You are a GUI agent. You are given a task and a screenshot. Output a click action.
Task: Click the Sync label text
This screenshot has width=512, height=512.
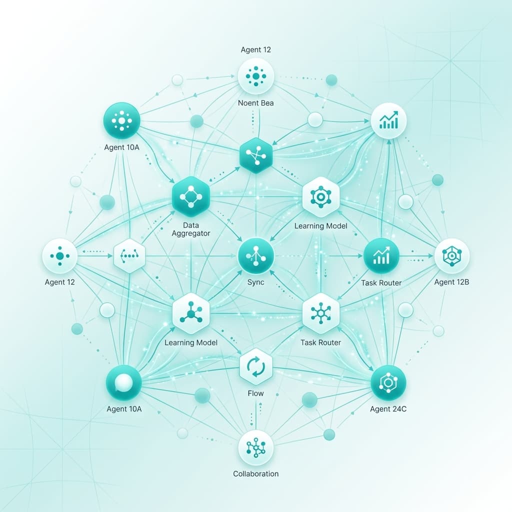pyautogui.click(x=255, y=282)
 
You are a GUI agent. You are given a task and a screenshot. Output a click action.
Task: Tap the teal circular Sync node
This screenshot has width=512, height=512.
pyautogui.click(x=255, y=255)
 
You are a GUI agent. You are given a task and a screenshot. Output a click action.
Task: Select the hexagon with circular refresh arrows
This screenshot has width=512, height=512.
pyautogui.click(x=255, y=366)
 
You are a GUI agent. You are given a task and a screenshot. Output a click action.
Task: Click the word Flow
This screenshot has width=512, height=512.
pyautogui.click(x=255, y=393)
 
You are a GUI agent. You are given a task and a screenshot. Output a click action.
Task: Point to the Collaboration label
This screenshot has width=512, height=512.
pyautogui.click(x=255, y=473)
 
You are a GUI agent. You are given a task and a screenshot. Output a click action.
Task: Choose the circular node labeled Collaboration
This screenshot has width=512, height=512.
pyautogui.click(x=255, y=447)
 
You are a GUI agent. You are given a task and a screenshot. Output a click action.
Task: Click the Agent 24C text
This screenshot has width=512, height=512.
pyautogui.click(x=388, y=409)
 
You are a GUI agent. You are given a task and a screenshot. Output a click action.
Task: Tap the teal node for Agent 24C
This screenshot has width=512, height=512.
pyautogui.click(x=388, y=382)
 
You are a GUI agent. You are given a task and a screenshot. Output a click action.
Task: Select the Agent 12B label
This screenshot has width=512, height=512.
pyautogui.click(x=451, y=282)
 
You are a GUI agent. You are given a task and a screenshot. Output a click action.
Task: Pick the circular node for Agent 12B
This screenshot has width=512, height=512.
pyautogui.click(x=451, y=255)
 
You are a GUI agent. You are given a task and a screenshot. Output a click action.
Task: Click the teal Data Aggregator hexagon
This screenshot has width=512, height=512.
pyautogui.click(x=190, y=196)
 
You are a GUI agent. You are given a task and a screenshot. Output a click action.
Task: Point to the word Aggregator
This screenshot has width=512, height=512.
pyautogui.click(x=191, y=233)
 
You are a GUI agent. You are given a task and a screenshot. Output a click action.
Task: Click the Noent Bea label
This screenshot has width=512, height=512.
pyautogui.click(x=255, y=103)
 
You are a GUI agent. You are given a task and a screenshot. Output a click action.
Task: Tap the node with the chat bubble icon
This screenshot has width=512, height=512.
pyautogui.click(x=124, y=382)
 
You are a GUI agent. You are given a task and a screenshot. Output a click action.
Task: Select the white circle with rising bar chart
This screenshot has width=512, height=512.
pyautogui.click(x=388, y=121)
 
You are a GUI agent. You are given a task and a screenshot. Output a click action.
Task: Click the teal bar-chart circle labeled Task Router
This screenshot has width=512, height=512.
pyautogui.click(x=381, y=255)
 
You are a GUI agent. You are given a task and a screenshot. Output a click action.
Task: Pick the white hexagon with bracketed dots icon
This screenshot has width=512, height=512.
pyautogui.click(x=129, y=255)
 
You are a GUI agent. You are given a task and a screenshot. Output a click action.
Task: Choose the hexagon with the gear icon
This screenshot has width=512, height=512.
pyautogui.click(x=321, y=196)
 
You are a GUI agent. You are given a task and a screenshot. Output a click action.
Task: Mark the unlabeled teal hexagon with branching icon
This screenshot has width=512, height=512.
pyautogui.click(x=256, y=155)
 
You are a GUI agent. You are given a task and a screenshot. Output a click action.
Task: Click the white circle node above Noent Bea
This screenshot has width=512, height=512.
pyautogui.click(x=255, y=76)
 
